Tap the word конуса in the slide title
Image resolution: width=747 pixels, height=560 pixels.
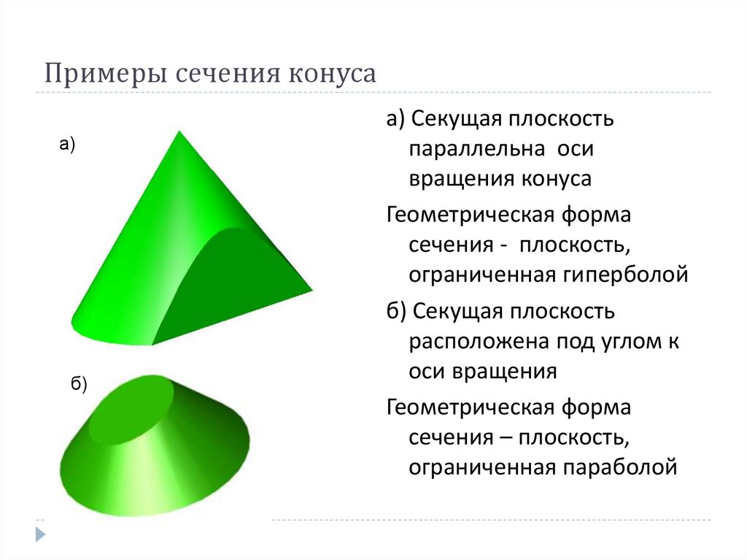tap(335, 74)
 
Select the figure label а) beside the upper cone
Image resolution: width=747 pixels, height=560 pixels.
tap(67, 145)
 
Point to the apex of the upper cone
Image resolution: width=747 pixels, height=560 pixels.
tap(177, 134)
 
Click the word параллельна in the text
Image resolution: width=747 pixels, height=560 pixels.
tap(476, 149)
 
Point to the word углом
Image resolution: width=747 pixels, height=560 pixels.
tap(627, 341)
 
